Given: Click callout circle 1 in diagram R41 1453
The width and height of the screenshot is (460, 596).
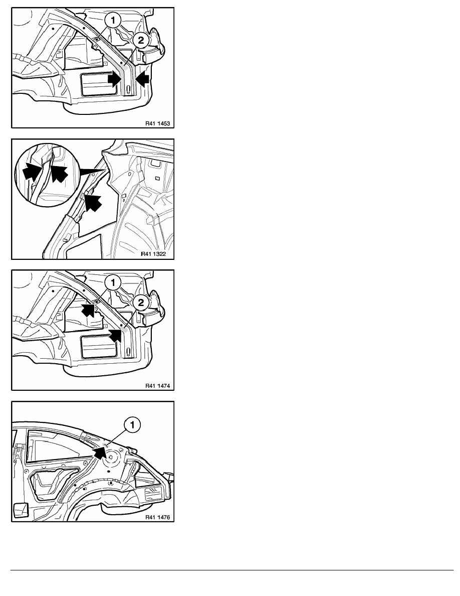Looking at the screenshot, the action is [113, 21].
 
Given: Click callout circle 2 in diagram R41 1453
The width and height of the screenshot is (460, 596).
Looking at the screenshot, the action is [141, 40].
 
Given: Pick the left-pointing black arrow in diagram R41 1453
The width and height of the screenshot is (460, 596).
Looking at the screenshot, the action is [142, 80].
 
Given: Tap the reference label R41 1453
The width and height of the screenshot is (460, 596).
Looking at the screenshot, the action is [157, 123].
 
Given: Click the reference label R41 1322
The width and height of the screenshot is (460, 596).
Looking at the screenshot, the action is [153, 254].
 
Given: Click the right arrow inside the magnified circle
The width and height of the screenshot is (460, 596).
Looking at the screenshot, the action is [59, 173].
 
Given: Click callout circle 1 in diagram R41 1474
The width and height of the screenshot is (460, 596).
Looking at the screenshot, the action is [113, 283].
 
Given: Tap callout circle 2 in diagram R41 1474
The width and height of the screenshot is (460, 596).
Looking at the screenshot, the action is [141, 303].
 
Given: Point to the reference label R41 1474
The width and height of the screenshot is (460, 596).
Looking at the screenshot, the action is [157, 386].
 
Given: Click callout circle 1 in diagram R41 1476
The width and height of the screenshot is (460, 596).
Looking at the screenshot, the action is [132, 425].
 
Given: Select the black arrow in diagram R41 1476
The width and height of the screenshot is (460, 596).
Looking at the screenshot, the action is [99, 452].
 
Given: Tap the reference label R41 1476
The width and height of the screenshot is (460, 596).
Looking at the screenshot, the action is [157, 517].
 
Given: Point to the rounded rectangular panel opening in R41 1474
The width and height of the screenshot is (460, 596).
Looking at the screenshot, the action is [99, 347].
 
